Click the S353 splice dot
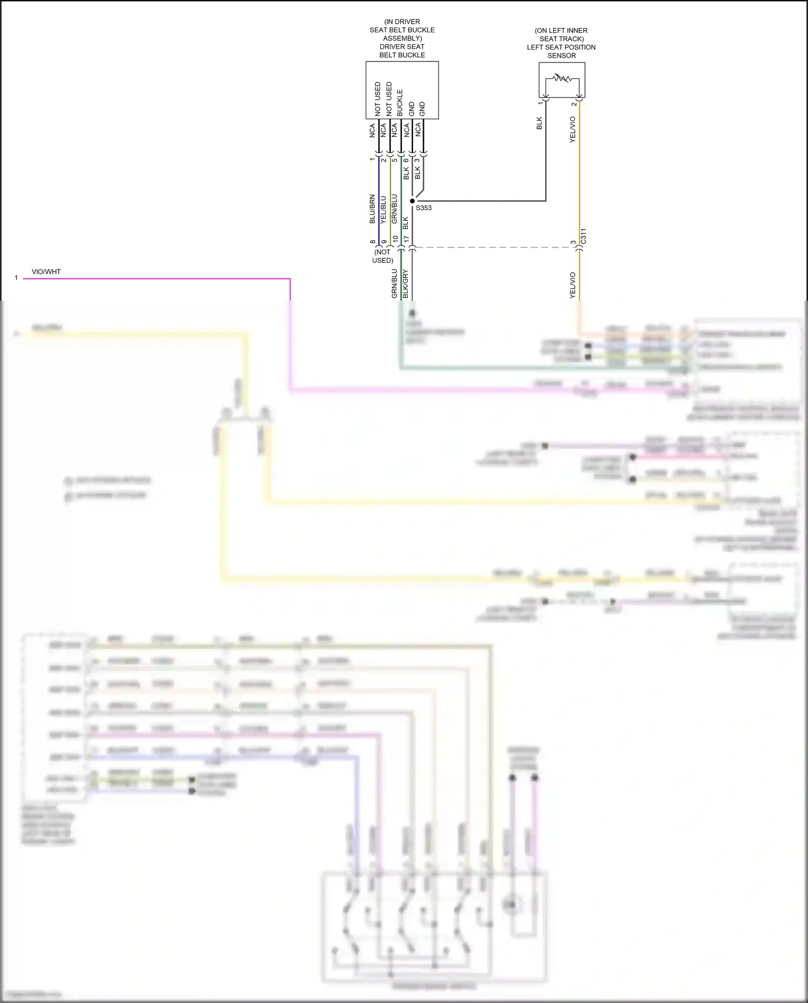(x=412, y=201)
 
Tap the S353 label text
(x=423, y=208)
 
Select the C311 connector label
(x=583, y=236)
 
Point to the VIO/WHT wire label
(x=46, y=272)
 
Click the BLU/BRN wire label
(x=372, y=209)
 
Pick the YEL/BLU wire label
(x=384, y=210)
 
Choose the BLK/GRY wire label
(x=406, y=284)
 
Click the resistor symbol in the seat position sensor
(x=562, y=79)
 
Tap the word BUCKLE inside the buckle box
(x=400, y=103)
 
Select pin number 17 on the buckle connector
(x=407, y=239)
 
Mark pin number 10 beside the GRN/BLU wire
(x=395, y=239)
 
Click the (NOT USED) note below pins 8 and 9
(x=382, y=256)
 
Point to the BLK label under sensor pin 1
(x=539, y=123)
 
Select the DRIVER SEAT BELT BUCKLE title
(x=402, y=51)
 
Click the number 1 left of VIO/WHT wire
(x=16, y=278)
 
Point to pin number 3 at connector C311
(x=573, y=243)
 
